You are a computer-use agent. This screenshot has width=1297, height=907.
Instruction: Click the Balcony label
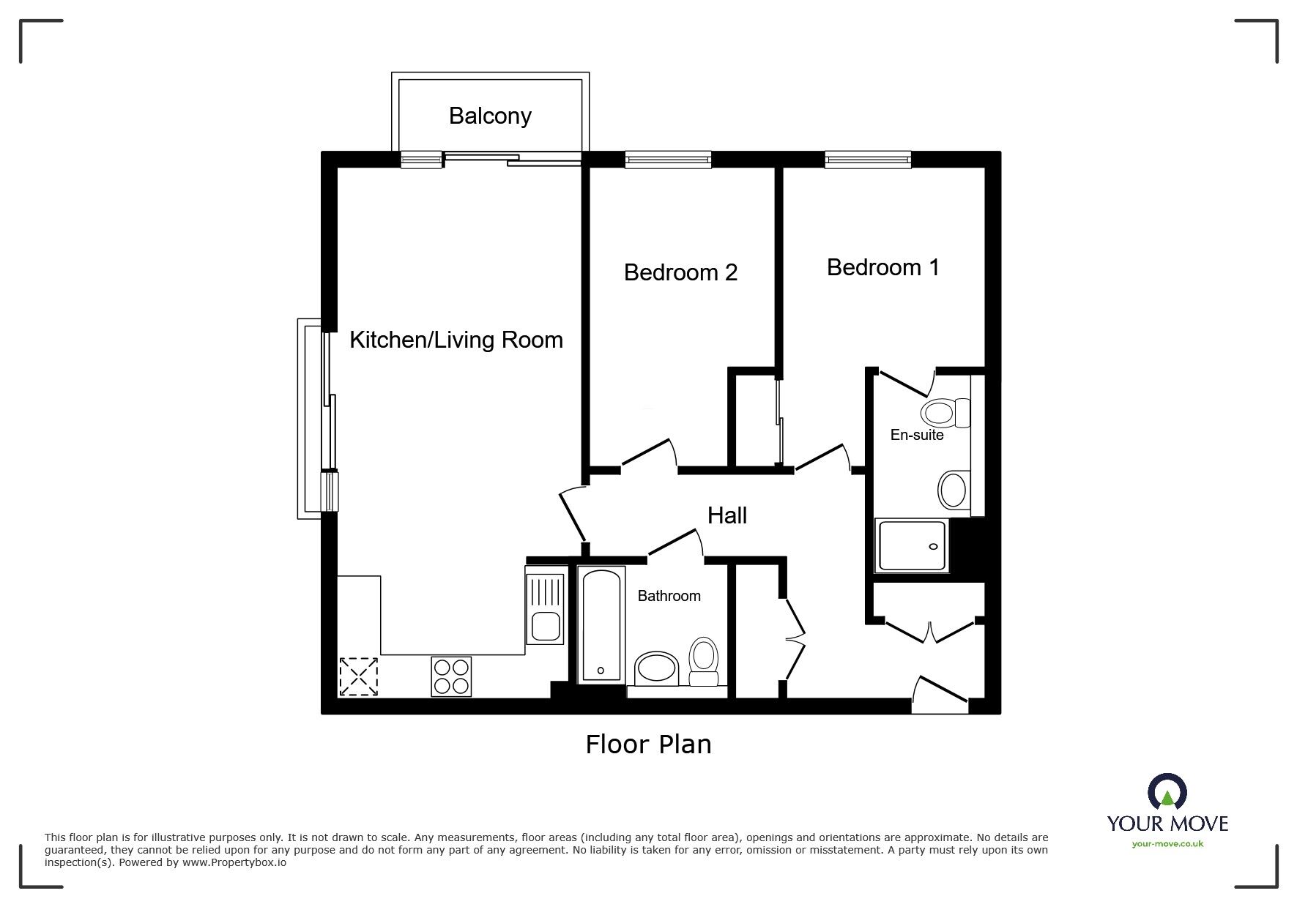click(x=490, y=116)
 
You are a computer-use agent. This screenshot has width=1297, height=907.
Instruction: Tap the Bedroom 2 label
click(x=680, y=272)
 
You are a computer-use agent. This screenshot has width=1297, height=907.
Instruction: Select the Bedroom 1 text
click(x=882, y=267)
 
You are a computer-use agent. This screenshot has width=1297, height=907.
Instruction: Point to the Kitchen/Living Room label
click(x=456, y=340)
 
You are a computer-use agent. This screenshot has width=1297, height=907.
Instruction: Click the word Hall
click(x=727, y=515)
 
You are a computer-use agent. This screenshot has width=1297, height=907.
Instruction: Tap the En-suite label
click(x=917, y=435)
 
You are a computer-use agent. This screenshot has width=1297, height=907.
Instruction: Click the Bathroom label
click(x=669, y=596)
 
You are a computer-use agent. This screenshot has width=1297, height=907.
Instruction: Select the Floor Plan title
click(x=648, y=744)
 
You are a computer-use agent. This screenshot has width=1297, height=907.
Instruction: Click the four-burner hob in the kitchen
click(x=451, y=676)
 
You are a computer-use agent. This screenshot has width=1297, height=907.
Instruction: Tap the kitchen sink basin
click(x=546, y=626)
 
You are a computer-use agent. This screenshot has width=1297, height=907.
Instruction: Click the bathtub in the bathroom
click(x=601, y=624)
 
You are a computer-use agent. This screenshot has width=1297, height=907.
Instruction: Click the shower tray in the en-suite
click(x=913, y=545)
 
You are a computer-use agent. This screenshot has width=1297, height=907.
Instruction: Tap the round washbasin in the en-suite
click(x=953, y=490)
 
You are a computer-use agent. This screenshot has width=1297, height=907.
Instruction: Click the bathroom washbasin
click(x=657, y=668)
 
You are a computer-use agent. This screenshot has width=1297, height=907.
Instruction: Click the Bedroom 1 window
click(x=868, y=160)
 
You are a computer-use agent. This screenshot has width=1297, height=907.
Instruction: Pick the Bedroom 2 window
click(x=668, y=160)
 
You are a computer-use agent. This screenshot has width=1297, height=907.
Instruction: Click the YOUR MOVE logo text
click(x=1167, y=824)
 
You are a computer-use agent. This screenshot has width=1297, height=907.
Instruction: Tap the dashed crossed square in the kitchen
click(x=359, y=676)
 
